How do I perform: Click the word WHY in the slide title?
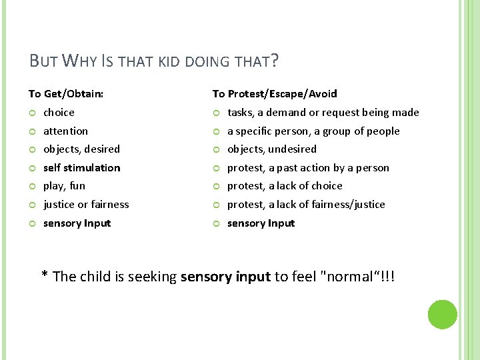pos(79,62)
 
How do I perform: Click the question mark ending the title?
pos(275,62)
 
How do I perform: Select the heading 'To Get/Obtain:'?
pos(66,94)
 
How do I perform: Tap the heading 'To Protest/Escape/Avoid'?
pos(275,94)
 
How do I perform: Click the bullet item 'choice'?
pos(59,113)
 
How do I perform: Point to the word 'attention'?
pos(65,131)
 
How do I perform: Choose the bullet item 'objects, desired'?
pos(81,149)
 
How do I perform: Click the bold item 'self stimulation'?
pos(81,168)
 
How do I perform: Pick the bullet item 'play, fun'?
pos(64,186)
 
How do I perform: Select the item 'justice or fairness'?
pos(86,205)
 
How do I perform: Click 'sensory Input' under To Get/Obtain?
pos(77,223)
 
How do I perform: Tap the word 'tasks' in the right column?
pos(240,113)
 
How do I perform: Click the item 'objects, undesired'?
pos(272,149)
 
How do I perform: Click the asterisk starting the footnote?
pos(45,275)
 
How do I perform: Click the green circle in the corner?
pos(442,315)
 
